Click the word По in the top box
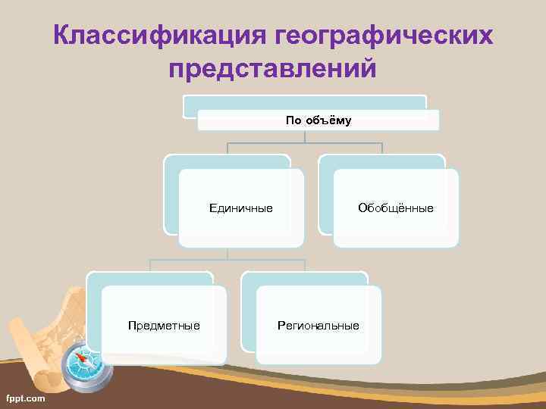coord(293,120)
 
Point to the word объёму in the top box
coord(328,120)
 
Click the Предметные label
coord(164,326)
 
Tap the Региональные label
coord(318,326)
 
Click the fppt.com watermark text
coord(24,398)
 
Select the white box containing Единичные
coord(241,227)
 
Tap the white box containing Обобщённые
coord(396,227)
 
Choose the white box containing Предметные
coord(164,345)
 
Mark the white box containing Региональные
coord(318,345)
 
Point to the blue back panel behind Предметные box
coord(94,311)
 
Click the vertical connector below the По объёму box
coord(305,137)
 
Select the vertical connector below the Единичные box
coord(227,254)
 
